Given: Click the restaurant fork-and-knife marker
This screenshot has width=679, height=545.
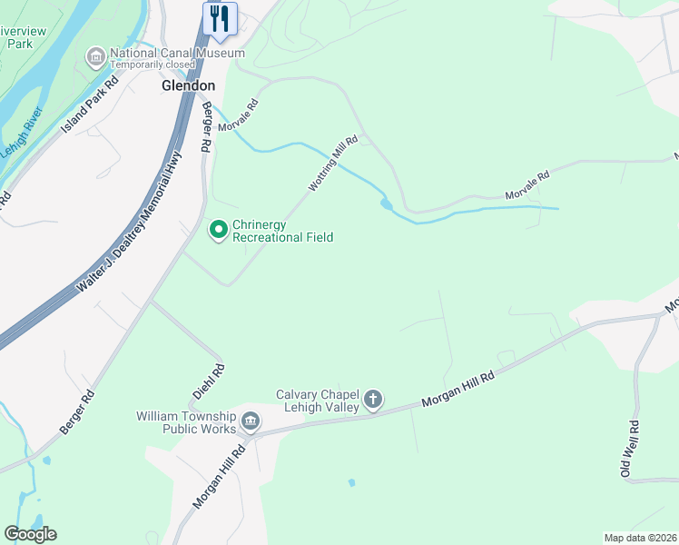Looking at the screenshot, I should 220,18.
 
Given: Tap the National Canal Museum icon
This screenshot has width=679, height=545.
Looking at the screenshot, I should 95,58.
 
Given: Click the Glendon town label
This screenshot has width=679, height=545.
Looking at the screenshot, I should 188,85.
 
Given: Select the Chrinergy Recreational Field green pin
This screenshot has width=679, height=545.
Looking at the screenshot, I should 218,231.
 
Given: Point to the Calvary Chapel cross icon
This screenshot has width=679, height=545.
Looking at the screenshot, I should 372,400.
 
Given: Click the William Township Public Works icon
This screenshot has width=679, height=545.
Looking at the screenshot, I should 251,421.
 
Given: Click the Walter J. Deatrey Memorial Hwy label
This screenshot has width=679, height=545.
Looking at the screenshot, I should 130,223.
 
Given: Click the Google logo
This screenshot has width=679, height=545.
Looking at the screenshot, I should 30,534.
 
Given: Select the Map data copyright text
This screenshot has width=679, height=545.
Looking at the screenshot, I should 640,538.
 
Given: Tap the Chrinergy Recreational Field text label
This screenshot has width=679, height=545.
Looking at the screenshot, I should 282,231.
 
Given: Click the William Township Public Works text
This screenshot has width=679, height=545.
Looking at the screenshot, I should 186,422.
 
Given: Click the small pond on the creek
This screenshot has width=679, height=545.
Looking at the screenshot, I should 388,204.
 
